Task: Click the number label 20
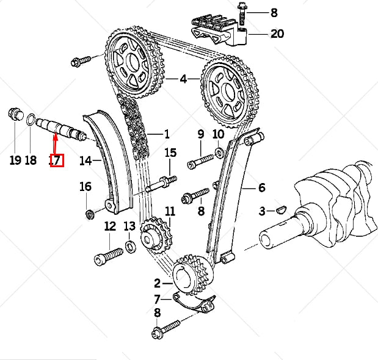[277, 34]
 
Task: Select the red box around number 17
[56, 160]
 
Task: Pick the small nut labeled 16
[90, 214]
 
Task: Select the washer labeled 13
[129, 247]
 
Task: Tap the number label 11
[170, 212]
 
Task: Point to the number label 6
[261, 188]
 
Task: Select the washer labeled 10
[219, 151]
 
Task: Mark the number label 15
[170, 153]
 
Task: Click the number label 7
[157, 299]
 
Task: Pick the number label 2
[157, 283]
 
